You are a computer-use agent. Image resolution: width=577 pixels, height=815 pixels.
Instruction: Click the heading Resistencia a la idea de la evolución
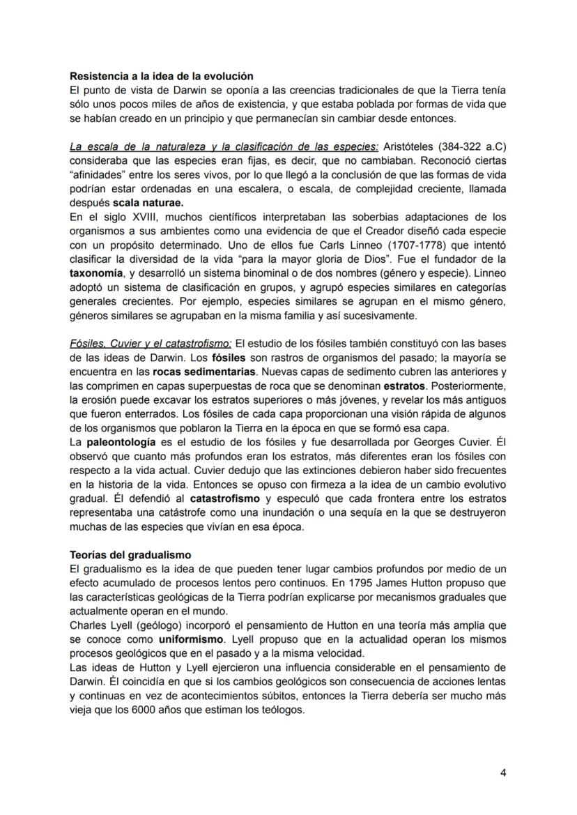161,75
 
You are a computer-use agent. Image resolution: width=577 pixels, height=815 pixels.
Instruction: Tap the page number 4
503,772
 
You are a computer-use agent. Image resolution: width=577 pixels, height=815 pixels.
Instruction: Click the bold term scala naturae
148,203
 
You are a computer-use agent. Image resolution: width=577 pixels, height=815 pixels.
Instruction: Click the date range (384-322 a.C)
477,146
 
